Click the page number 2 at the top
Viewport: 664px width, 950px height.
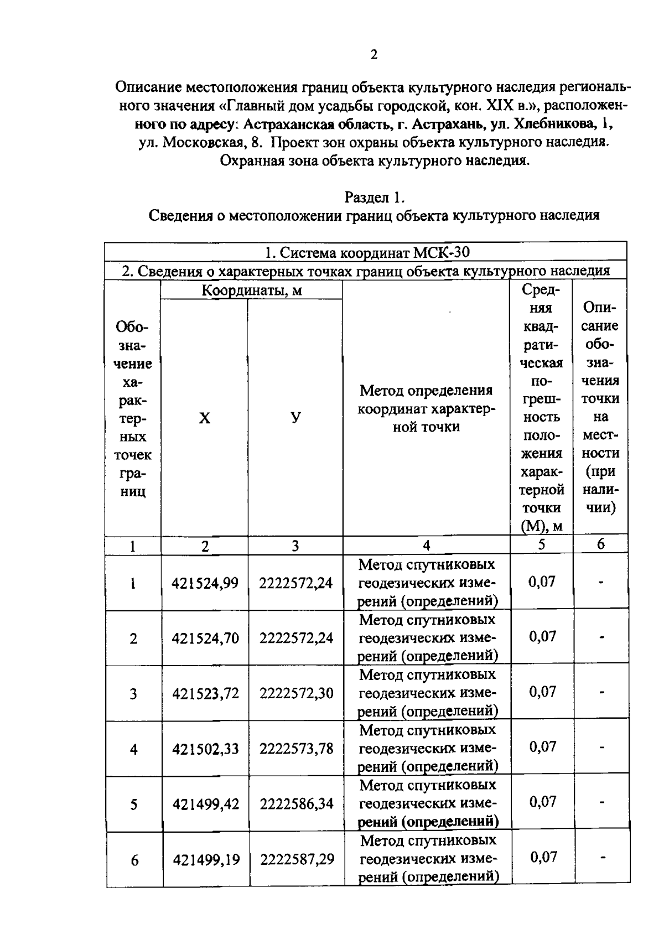pyautogui.click(x=374, y=54)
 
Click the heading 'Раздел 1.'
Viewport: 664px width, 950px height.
pyautogui.click(x=375, y=197)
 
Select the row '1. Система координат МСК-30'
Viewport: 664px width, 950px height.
pyautogui.click(x=366, y=253)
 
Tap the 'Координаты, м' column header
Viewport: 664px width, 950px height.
pyautogui.click(x=252, y=290)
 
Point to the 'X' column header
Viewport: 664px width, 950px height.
pyautogui.click(x=205, y=418)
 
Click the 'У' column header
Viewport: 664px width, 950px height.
pyautogui.click(x=296, y=418)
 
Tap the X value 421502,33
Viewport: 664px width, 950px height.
pyautogui.click(x=205, y=749)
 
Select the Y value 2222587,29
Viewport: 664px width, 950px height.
pyautogui.click(x=297, y=859)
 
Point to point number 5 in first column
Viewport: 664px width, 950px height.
pyautogui.click(x=134, y=804)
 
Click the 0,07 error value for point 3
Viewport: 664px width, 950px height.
pyautogui.click(x=542, y=691)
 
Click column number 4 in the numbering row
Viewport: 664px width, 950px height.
pyautogui.click(x=426, y=546)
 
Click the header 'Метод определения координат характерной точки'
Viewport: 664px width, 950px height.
pyautogui.click(x=426, y=408)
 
